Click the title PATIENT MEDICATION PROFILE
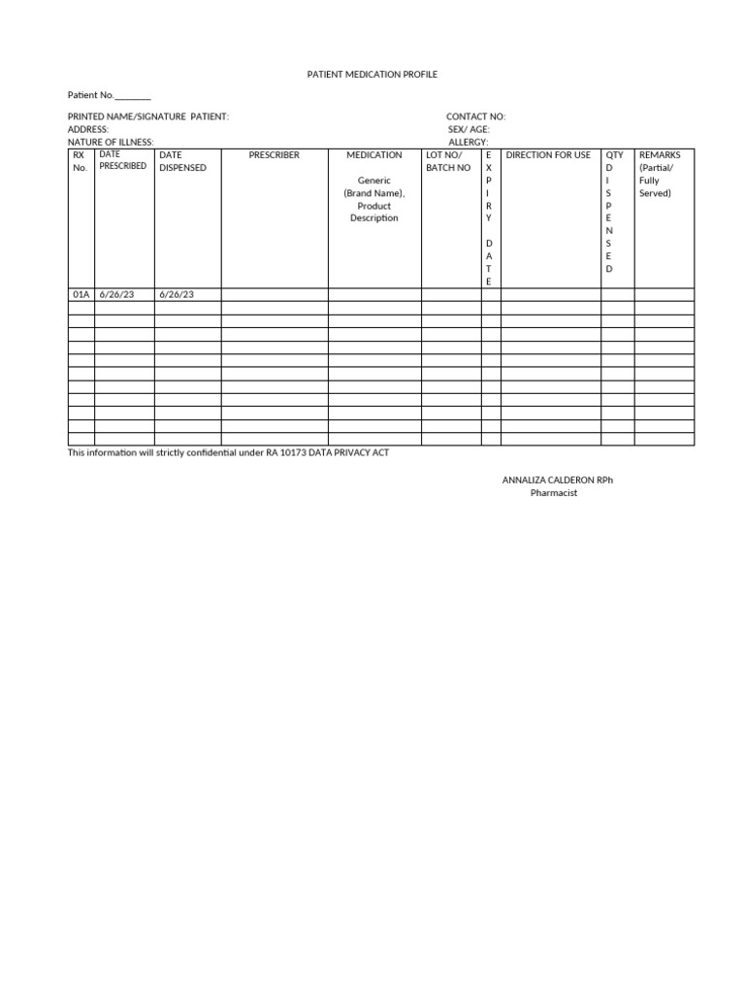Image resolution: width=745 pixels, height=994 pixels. [x=373, y=75]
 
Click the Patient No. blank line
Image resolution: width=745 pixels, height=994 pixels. [x=133, y=96]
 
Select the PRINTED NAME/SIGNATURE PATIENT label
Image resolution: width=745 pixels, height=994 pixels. [x=147, y=116]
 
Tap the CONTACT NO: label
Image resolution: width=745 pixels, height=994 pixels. [x=475, y=116]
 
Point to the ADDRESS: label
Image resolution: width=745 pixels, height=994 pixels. [x=88, y=129]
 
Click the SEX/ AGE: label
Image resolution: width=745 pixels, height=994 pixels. [x=469, y=129]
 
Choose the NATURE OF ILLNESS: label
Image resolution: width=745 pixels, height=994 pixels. [x=111, y=142]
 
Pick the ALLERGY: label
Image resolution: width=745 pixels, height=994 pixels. [x=468, y=142]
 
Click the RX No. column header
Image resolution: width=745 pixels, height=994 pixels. [x=80, y=161]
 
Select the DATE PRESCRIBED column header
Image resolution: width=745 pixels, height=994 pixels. [x=123, y=160]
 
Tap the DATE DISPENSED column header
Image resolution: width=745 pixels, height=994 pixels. [x=182, y=161]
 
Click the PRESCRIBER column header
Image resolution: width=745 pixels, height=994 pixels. [x=275, y=155]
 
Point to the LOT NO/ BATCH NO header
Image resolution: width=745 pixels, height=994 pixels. [x=448, y=161]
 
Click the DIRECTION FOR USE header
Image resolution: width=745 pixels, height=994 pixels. [x=548, y=155]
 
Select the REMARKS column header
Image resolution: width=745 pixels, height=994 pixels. [x=660, y=155]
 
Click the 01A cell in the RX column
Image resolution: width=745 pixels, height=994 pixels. [x=81, y=294]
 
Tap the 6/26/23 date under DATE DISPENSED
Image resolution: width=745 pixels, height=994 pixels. [x=177, y=294]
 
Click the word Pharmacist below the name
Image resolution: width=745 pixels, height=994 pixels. [x=554, y=493]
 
